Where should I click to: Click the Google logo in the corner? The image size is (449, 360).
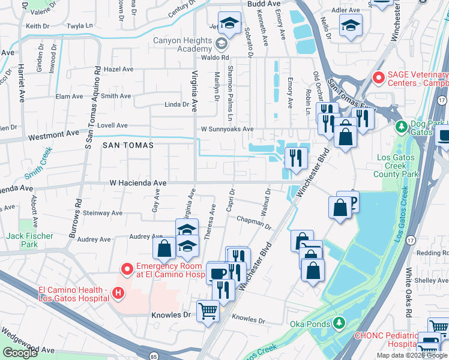(x=20, y=353)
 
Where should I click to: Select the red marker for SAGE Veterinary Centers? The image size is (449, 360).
(x=378, y=78)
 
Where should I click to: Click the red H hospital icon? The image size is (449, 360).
(x=118, y=293)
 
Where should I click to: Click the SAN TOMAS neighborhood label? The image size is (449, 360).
(x=128, y=145)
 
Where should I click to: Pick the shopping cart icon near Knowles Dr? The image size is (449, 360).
(x=208, y=311)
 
